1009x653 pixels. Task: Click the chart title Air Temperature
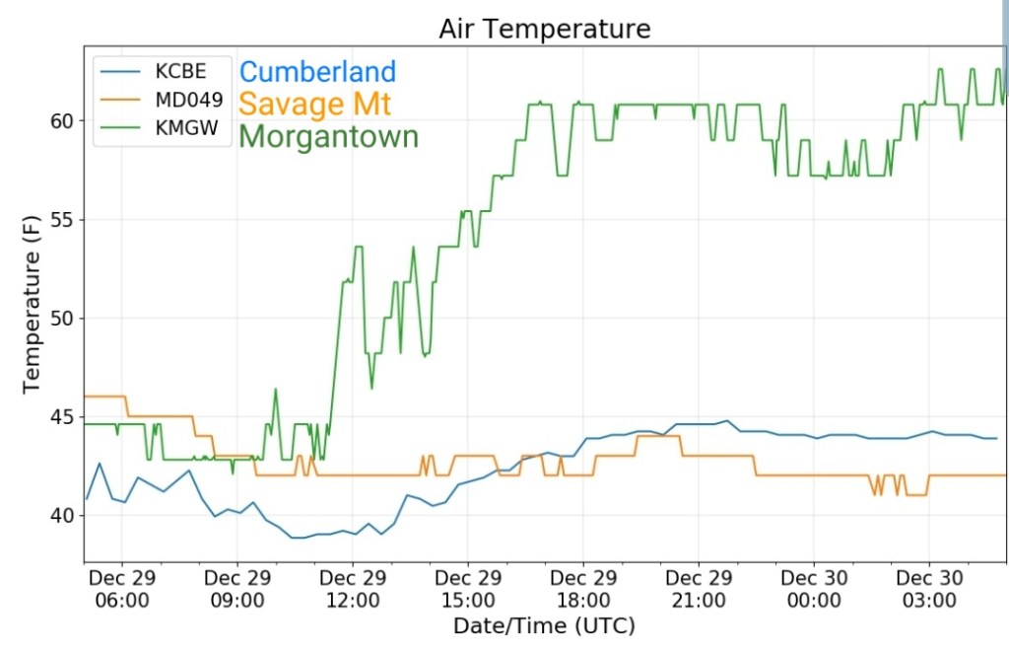pyautogui.click(x=544, y=30)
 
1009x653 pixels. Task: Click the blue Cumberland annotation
pyautogui.click(x=317, y=72)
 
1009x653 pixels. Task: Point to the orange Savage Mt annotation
pyautogui.click(x=314, y=103)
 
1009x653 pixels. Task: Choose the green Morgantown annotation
pyautogui.click(x=329, y=136)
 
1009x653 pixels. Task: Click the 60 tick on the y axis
pyautogui.click(x=60, y=120)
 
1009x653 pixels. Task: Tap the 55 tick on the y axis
pyautogui.click(x=60, y=219)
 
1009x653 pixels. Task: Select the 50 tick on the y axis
pyautogui.click(x=60, y=318)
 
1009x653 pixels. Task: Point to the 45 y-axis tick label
pyautogui.click(x=60, y=416)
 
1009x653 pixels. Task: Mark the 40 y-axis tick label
pyautogui.click(x=60, y=515)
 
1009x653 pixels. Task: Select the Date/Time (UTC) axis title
pyautogui.click(x=544, y=625)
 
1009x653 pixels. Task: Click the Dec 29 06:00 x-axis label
pyautogui.click(x=122, y=589)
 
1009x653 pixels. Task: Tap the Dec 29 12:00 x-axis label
pyautogui.click(x=353, y=589)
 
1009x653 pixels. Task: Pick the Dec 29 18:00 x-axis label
pyautogui.click(x=583, y=589)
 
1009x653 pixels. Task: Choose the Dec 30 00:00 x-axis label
pyautogui.click(x=814, y=589)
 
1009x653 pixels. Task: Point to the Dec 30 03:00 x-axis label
pyautogui.click(x=929, y=589)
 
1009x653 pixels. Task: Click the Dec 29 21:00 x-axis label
pyautogui.click(x=699, y=589)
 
